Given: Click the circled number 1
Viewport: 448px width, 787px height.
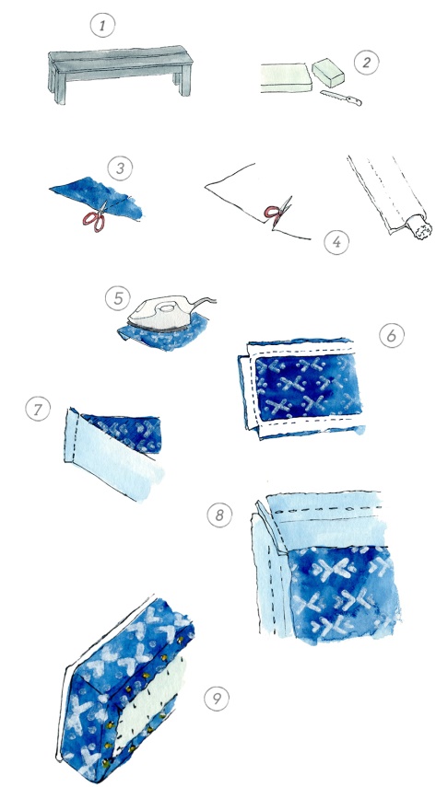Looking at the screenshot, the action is click(x=102, y=25).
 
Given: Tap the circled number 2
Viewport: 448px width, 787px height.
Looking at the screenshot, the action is click(x=366, y=63).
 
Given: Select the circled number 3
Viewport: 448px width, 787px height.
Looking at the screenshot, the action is click(x=120, y=168).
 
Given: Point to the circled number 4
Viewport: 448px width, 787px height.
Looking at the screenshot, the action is click(x=336, y=242).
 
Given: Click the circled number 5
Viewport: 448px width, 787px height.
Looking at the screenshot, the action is click(x=118, y=298).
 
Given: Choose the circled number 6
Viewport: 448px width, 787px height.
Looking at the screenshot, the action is click(x=392, y=335).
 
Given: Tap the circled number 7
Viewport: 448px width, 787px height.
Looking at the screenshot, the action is click(x=38, y=410).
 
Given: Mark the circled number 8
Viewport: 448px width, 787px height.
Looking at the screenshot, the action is click(x=219, y=515).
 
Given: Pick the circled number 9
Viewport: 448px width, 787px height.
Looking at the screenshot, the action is click(x=217, y=698).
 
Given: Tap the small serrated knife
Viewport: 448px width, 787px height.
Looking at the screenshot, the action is click(x=341, y=98).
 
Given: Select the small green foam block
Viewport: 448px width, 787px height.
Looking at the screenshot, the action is click(x=328, y=74).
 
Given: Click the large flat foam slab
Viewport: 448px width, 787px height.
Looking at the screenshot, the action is click(x=284, y=78).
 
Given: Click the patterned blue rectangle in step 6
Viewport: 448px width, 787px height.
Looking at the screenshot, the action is click(x=308, y=387).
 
